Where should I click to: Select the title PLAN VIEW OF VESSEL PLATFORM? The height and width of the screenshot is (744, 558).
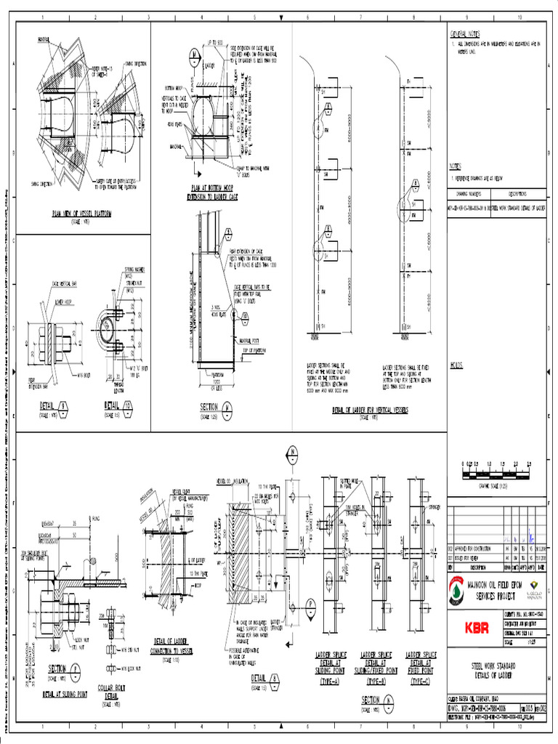pyautogui.click(x=81, y=214)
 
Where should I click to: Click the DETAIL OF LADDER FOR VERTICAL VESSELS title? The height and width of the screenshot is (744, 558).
pyautogui.click(x=370, y=411)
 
